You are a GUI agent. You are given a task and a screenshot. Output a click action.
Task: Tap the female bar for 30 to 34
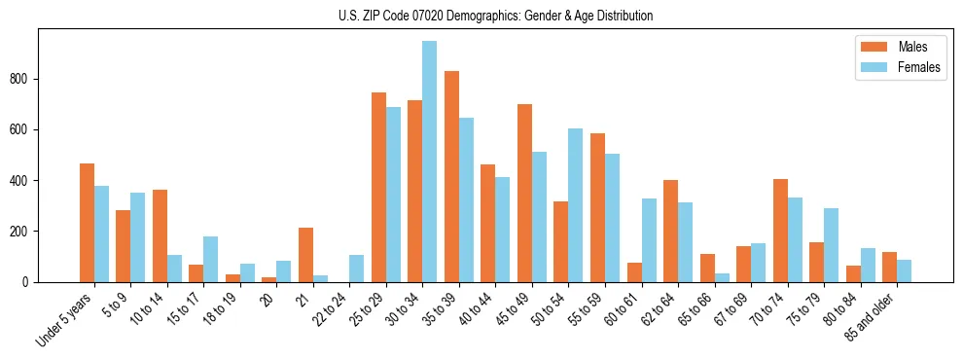click(430, 162)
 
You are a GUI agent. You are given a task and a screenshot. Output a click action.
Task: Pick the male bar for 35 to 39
click(451, 176)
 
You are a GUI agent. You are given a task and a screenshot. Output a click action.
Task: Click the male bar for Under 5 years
click(87, 223)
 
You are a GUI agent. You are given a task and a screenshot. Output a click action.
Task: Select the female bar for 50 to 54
click(576, 205)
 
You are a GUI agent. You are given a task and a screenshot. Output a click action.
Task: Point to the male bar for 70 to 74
click(780, 231)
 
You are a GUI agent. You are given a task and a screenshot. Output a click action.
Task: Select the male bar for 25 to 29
click(378, 187)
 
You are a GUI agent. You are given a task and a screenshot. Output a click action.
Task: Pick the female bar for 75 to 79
click(831, 245)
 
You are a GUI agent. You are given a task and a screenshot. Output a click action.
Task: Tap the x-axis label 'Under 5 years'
click(65, 317)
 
